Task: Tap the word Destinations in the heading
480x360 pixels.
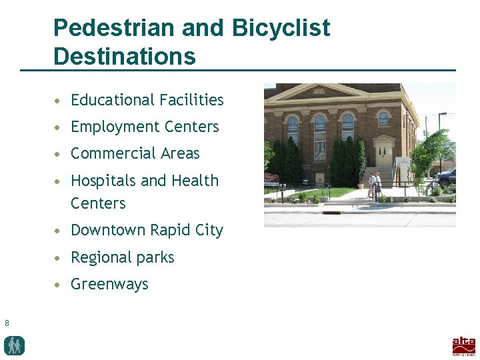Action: pyautogui.click(x=125, y=56)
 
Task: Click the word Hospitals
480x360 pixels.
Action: pyautogui.click(x=103, y=181)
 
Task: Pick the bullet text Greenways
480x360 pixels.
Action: pyautogui.click(x=109, y=284)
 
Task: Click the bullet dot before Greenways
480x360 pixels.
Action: pyautogui.click(x=60, y=285)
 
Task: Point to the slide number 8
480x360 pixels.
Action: pyautogui.click(x=7, y=323)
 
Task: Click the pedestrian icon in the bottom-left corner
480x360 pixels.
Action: pyautogui.click(x=14, y=345)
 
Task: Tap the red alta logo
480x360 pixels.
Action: pyautogui.click(x=464, y=345)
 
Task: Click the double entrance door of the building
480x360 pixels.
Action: pyautogui.click(x=383, y=155)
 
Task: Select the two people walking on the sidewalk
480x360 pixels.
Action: pyautogui.click(x=375, y=185)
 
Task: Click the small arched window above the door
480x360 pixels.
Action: pyautogui.click(x=383, y=119)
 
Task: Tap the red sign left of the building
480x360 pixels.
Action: pyautogui.click(x=271, y=178)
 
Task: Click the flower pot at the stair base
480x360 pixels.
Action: pyautogui.click(x=361, y=186)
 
